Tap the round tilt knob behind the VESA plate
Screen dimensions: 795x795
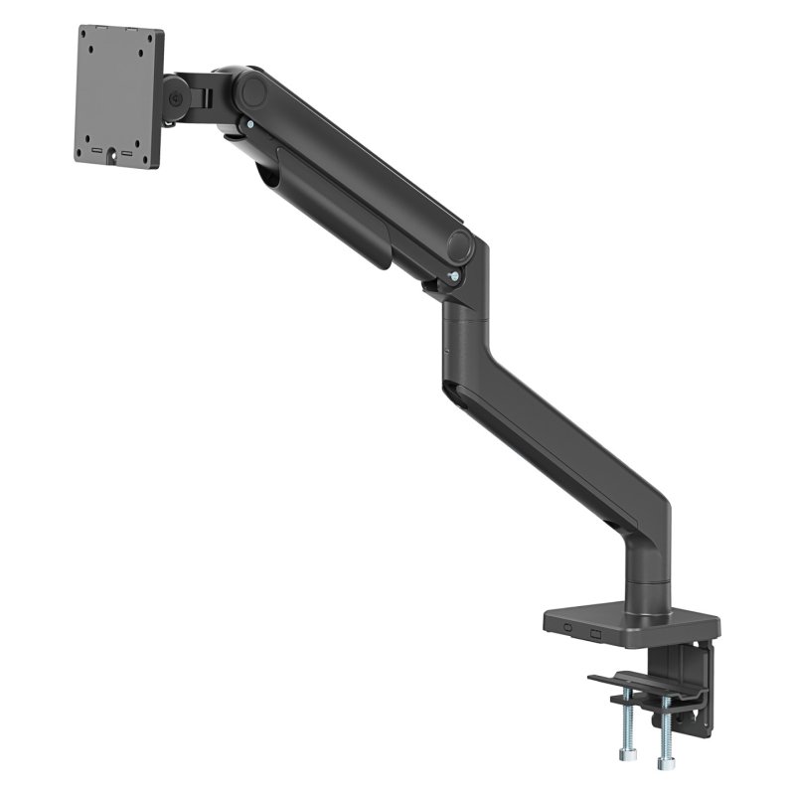tap(176, 99)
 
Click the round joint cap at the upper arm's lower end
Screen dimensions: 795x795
tap(459, 244)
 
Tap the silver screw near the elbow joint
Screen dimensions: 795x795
tap(454, 277)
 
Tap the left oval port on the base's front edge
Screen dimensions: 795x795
tap(567, 627)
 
